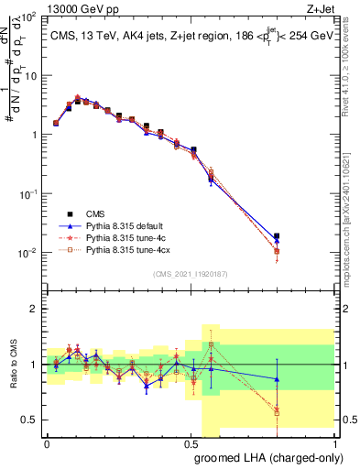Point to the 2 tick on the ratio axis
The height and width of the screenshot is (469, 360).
34,309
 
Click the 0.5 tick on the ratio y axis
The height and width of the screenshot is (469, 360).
30,420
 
